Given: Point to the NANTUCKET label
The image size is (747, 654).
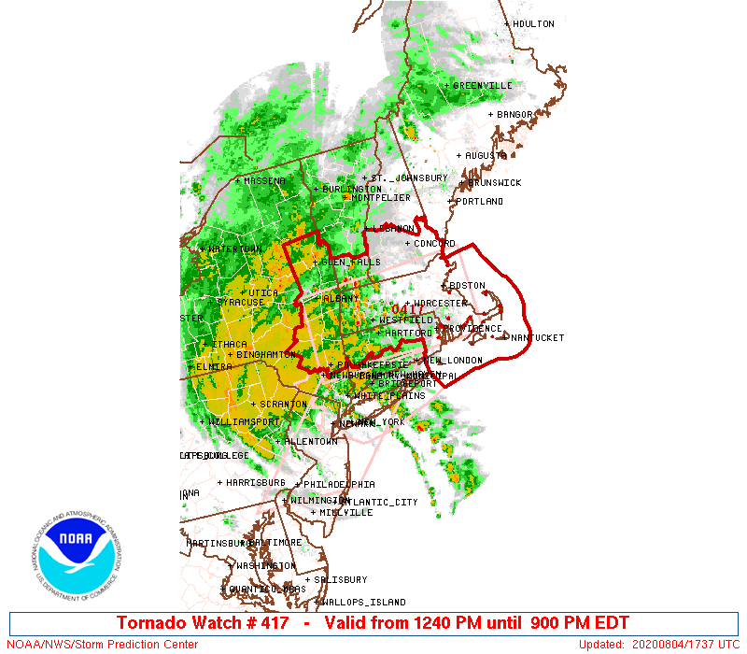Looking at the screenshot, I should [538, 337].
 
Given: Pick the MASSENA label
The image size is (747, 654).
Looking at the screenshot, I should [264, 181].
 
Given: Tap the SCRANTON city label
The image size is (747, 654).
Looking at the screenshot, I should [283, 405].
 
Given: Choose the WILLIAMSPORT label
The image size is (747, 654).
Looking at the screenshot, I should [244, 422].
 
